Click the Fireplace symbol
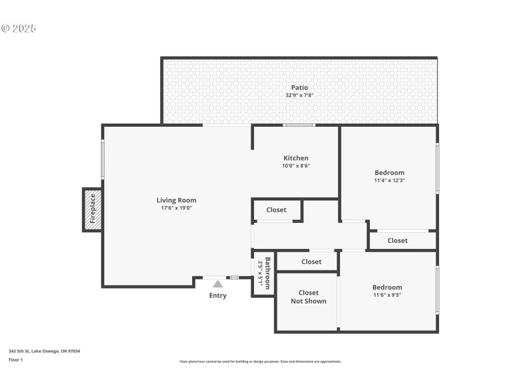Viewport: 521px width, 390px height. pos(92,209)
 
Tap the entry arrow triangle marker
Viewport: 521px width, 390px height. pos(218,283)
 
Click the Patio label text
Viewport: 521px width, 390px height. pos(300,88)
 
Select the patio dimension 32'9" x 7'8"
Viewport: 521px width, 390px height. pos(300,96)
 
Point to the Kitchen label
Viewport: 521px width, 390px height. pos(296,158)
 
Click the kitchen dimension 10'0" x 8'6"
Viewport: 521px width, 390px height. pos(296,166)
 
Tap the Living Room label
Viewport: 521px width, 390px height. pos(176,200)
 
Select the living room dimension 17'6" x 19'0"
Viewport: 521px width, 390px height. pos(176,208)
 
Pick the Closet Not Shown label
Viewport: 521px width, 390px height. pos(308,297)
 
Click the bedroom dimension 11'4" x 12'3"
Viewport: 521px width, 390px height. pos(389,180)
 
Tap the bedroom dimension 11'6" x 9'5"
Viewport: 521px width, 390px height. pos(387,295)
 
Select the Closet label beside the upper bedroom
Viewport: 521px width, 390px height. pos(397,240)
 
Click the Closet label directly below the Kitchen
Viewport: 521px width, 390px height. pos(276,210)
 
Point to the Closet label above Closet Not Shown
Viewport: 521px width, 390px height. pos(311,262)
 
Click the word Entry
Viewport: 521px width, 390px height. pos(218,296)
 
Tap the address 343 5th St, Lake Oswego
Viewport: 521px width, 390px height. pos(44,351)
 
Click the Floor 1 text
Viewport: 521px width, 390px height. pos(16,359)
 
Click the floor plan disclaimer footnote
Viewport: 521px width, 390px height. pos(260,361)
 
